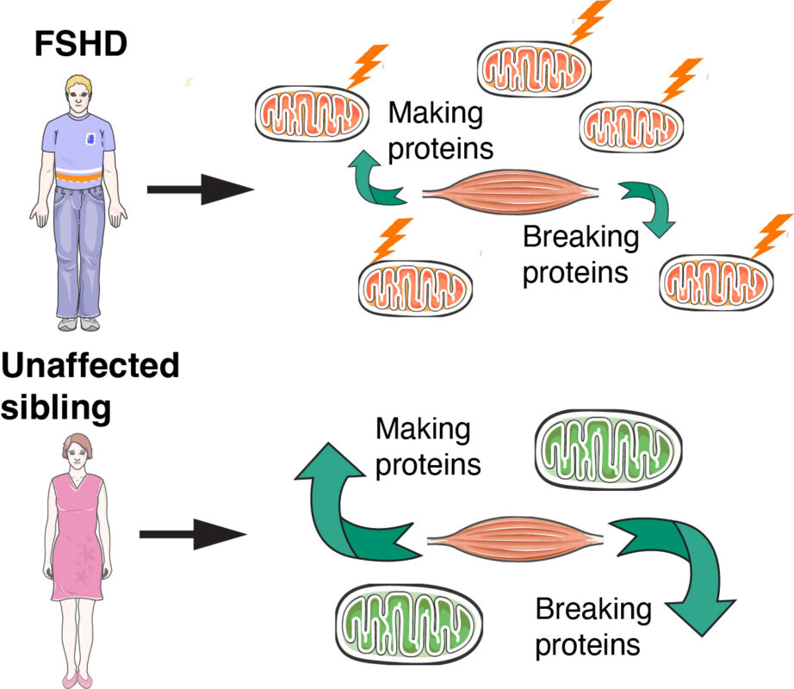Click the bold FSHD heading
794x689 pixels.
(x=79, y=44)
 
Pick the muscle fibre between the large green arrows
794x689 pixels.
(x=515, y=539)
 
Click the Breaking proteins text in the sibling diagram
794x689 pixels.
(x=594, y=626)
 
